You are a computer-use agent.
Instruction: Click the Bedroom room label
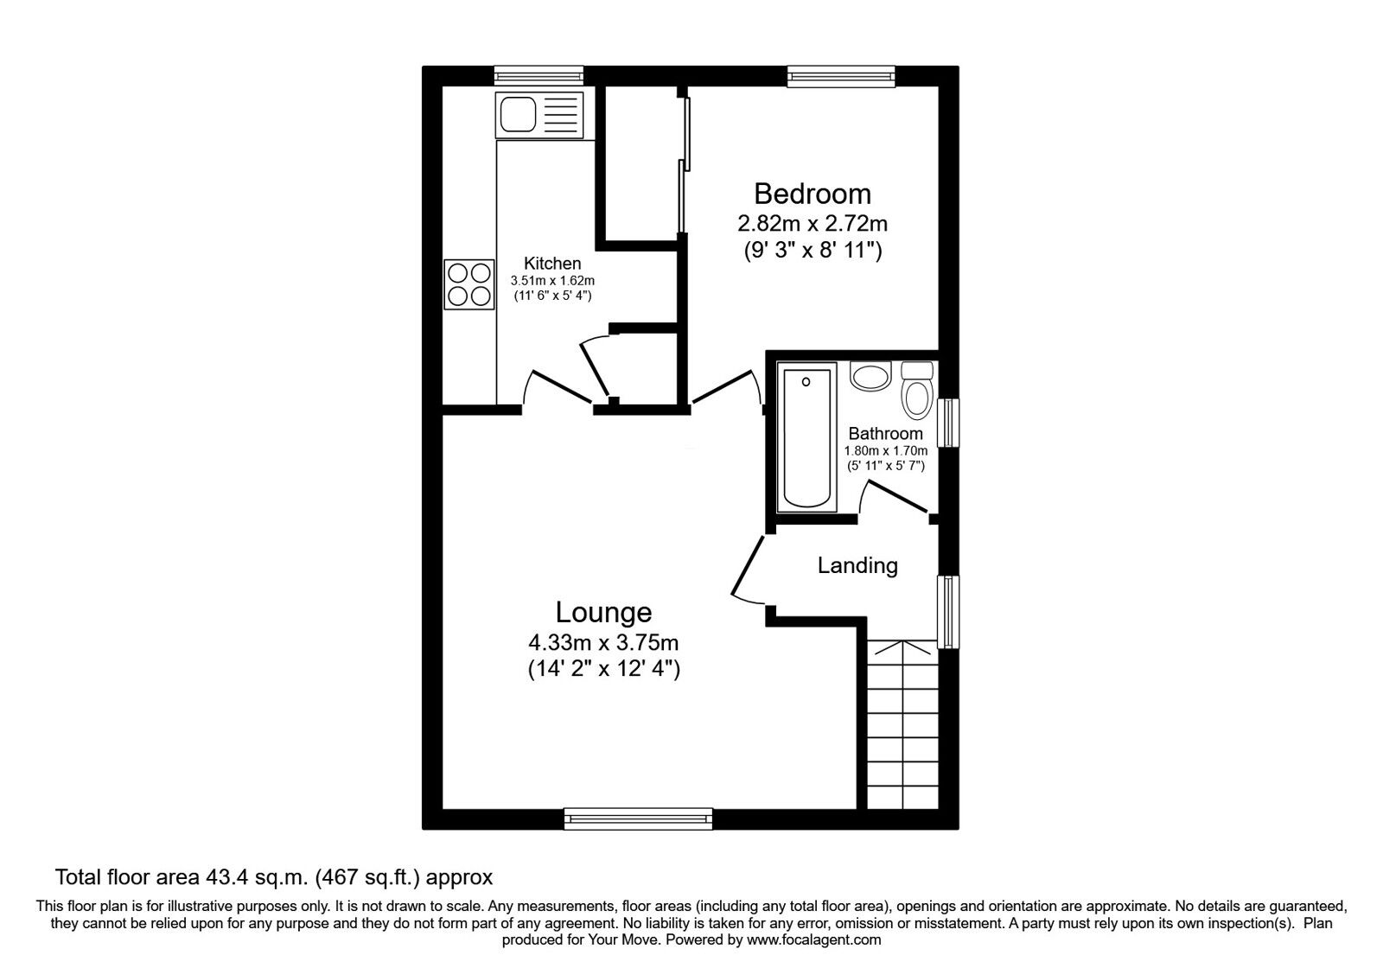point(812,194)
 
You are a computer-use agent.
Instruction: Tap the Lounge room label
point(603,613)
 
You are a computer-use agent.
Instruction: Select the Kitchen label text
point(552,264)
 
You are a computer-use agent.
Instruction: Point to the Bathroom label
point(885,434)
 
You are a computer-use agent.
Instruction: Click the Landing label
point(857,566)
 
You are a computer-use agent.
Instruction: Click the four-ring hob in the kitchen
point(468,284)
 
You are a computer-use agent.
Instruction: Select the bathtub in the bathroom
point(808,437)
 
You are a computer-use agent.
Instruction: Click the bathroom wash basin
point(870,377)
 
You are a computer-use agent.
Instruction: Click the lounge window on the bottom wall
point(638,818)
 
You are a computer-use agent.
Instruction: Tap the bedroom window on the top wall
point(840,77)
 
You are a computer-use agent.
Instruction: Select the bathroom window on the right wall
point(949,422)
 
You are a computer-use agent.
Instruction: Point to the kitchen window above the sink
point(539,77)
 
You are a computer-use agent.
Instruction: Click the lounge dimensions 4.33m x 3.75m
point(603,643)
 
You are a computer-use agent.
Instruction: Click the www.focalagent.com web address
point(813,939)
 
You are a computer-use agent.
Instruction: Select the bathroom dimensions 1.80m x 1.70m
point(885,451)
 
